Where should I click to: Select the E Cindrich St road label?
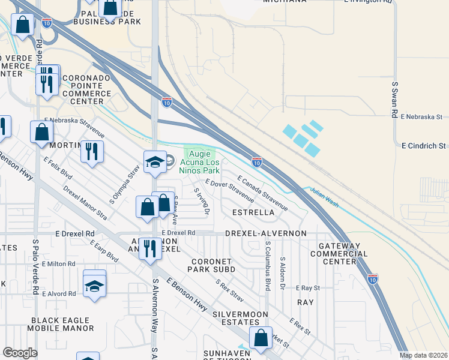pos(424,146)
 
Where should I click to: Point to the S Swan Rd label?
pos(394,100)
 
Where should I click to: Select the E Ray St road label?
pos(307,288)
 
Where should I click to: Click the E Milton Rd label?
pos(55,264)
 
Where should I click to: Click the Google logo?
pos(20,352)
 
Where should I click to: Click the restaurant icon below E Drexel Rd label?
pos(150,247)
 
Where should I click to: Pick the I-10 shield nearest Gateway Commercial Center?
pos(373,278)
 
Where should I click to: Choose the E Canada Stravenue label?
pos(262,193)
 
